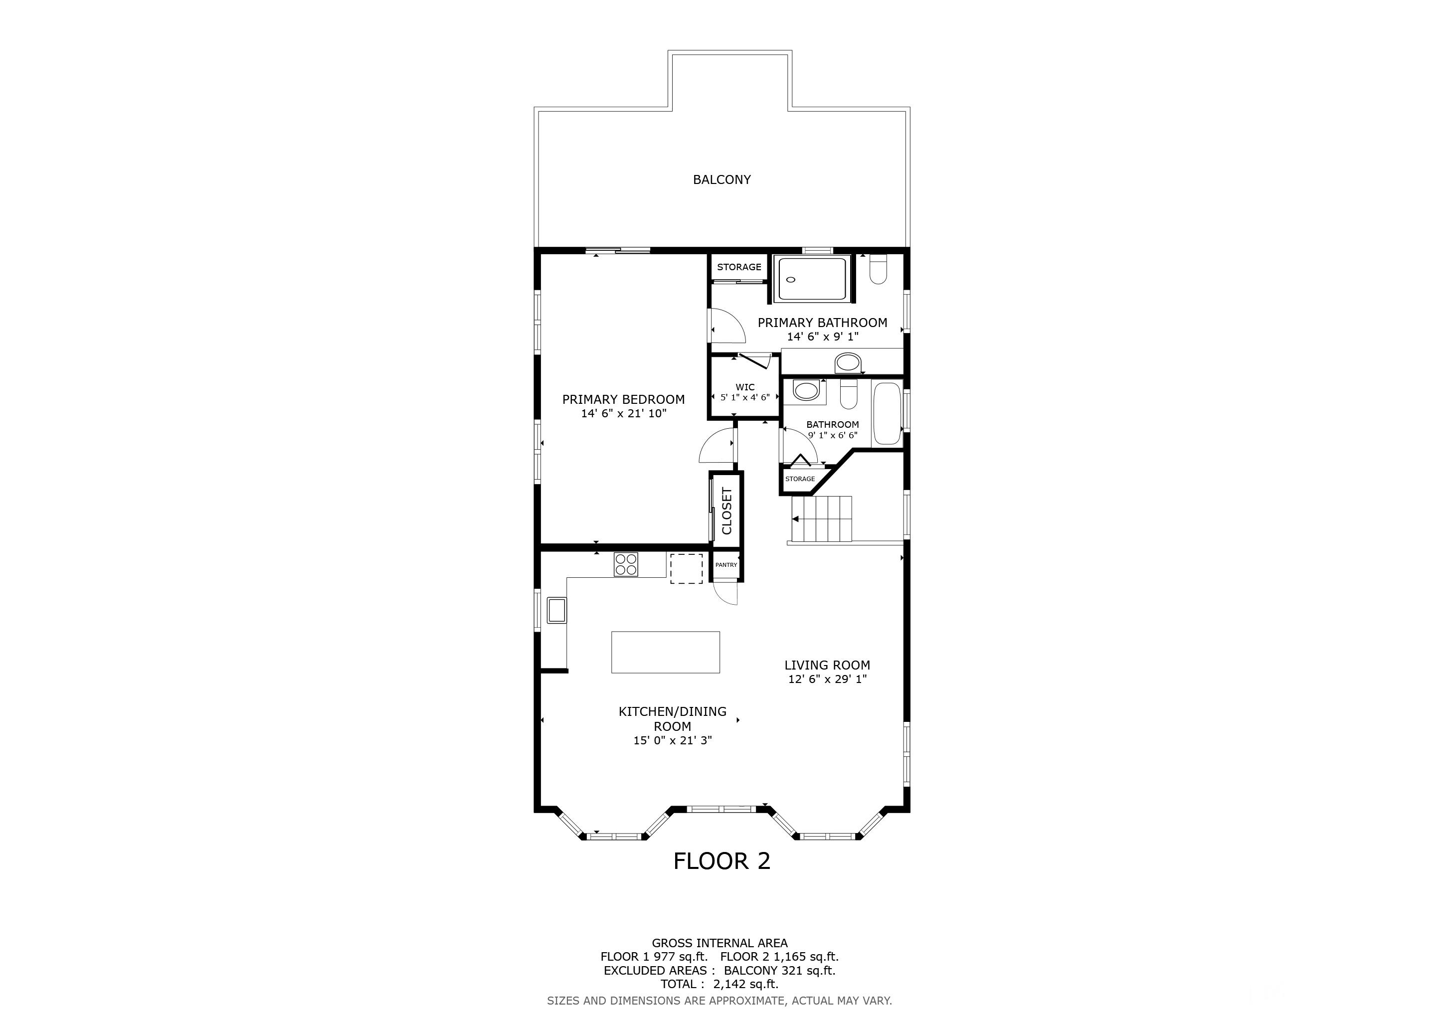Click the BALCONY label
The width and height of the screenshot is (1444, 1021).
722,180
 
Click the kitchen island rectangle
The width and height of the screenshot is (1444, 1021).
665,652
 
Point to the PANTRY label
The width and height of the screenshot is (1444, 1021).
726,564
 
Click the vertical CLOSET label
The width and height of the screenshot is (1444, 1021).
727,510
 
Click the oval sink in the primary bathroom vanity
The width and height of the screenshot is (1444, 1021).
848,363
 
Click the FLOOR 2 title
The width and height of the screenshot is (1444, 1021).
722,860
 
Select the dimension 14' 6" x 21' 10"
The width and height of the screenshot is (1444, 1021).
623,413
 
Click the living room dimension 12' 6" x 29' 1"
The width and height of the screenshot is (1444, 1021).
827,679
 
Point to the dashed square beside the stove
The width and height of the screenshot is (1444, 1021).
686,568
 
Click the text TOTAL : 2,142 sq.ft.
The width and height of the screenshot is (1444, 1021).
720,984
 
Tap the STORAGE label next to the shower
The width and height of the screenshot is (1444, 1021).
739,267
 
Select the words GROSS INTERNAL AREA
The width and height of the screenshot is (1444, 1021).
720,943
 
